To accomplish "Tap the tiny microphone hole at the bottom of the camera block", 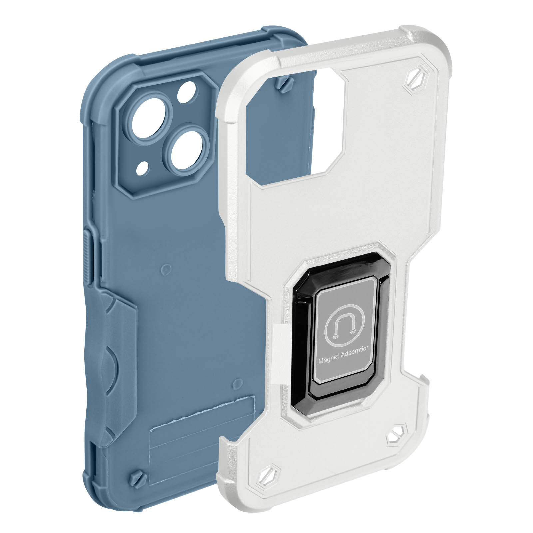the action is (144, 166).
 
